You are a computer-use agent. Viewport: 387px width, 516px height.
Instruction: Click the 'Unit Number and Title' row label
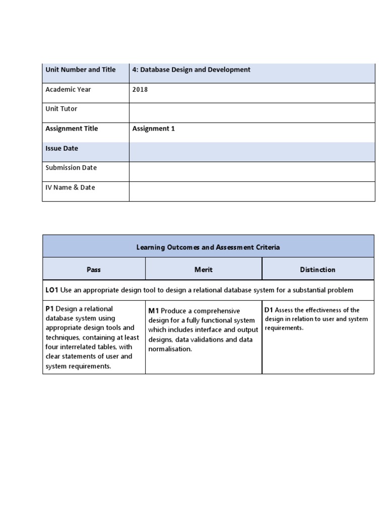pyautogui.click(x=81, y=70)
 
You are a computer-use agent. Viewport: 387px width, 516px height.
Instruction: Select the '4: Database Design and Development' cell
pyautogui.click(x=191, y=70)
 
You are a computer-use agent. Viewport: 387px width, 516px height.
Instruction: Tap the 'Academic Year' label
pyautogui.click(x=68, y=90)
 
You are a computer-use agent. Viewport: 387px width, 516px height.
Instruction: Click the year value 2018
pyautogui.click(x=140, y=90)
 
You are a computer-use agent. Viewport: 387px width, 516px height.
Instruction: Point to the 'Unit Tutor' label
pyautogui.click(x=61, y=109)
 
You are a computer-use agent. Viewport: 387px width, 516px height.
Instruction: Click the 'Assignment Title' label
pyautogui.click(x=72, y=128)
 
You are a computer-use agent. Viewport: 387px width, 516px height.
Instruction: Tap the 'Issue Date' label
pyautogui.click(x=62, y=149)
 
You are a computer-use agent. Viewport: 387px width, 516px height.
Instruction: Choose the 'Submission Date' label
pyautogui.click(x=71, y=168)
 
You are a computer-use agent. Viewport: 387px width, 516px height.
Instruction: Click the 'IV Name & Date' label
pyautogui.click(x=70, y=187)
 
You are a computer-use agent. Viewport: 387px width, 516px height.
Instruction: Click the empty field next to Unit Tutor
pyautogui.click(x=252, y=112)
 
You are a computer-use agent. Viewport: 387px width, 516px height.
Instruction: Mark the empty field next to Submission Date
pyautogui.click(x=252, y=171)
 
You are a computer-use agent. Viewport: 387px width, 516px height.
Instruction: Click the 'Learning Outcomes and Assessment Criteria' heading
pyautogui.click(x=208, y=247)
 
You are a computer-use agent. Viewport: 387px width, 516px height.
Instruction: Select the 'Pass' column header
pyautogui.click(x=94, y=270)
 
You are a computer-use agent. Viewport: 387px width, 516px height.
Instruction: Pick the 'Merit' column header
pyautogui.click(x=204, y=270)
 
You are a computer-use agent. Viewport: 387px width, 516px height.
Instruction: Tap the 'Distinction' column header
pyautogui.click(x=317, y=270)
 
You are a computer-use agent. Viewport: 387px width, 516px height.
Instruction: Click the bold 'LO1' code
pyautogui.click(x=52, y=290)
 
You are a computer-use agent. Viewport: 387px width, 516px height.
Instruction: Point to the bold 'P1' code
pyautogui.click(x=50, y=309)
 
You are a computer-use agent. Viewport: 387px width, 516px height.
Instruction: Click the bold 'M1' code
pyautogui.click(x=154, y=311)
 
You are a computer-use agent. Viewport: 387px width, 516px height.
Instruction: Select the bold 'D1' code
pyautogui.click(x=269, y=310)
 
